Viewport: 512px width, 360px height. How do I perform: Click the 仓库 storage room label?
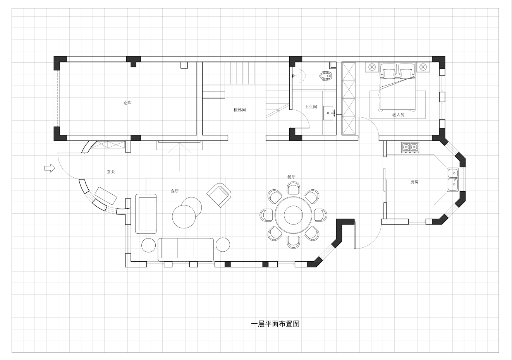[x=127, y=103]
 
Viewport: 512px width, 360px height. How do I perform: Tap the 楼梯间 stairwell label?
[x=240, y=110]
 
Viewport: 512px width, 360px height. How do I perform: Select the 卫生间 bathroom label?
[x=311, y=107]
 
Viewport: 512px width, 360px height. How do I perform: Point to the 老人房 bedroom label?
[x=398, y=115]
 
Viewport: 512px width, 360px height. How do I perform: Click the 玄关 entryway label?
[x=111, y=172]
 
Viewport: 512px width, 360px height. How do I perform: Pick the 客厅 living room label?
[x=174, y=191]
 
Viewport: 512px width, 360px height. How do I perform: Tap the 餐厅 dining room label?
[x=291, y=177]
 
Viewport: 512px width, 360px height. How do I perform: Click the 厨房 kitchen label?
[x=414, y=182]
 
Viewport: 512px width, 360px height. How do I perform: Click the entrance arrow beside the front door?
[x=50, y=168]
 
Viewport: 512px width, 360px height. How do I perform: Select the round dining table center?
[x=293, y=215]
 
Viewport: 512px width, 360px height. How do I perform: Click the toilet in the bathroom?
[x=325, y=75]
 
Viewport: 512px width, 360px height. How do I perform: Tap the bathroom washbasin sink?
[x=328, y=113]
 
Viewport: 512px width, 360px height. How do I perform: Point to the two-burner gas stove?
[x=410, y=147]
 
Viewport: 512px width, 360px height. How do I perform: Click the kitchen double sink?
[x=453, y=180]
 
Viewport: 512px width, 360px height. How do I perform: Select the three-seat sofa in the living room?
[x=186, y=250]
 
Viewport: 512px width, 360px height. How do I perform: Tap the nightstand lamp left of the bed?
[x=372, y=67]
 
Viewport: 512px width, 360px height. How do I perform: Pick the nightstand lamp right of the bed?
[x=423, y=67]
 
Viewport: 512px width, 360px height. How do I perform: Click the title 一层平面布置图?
[x=275, y=324]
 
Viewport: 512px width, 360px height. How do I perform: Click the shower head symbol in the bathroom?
[x=300, y=75]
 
